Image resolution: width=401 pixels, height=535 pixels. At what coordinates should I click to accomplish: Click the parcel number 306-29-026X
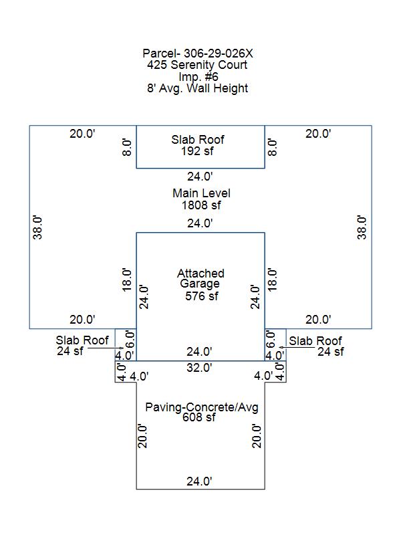click(x=219, y=53)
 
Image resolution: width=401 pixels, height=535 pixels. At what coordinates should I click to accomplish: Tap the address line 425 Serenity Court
click(x=197, y=64)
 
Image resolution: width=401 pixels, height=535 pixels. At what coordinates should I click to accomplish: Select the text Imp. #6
click(x=198, y=76)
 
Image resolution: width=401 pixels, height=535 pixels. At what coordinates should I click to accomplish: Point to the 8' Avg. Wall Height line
click(x=197, y=88)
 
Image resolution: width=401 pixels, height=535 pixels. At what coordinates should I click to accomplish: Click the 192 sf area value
click(x=197, y=151)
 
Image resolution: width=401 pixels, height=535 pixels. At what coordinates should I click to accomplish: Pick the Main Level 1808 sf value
click(x=201, y=205)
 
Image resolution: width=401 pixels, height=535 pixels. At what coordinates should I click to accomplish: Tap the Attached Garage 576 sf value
click(x=202, y=296)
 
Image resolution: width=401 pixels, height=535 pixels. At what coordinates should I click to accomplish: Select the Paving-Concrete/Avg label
click(x=202, y=407)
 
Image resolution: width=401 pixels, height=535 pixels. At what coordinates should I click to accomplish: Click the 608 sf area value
click(x=198, y=417)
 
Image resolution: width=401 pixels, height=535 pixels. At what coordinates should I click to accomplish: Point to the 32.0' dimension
click(x=199, y=367)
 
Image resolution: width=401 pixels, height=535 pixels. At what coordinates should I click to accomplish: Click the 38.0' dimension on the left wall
click(x=37, y=227)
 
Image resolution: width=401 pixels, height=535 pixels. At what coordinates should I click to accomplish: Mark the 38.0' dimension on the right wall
click(x=362, y=227)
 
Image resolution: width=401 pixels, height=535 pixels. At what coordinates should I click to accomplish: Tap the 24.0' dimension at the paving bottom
click(x=199, y=481)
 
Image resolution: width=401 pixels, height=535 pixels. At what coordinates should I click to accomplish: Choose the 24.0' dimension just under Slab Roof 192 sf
click(x=200, y=177)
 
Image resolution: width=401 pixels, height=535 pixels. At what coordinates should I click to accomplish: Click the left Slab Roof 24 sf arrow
click(x=106, y=348)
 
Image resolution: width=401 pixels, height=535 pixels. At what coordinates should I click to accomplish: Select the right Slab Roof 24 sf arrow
click(x=296, y=347)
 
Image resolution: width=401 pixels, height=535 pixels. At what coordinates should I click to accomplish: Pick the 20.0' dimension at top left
click(x=82, y=133)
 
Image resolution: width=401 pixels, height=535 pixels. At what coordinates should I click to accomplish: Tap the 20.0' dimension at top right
click(x=318, y=133)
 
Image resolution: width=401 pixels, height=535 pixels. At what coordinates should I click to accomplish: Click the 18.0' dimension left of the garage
click(x=126, y=280)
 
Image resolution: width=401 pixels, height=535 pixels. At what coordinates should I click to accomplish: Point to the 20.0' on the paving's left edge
click(x=142, y=436)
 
